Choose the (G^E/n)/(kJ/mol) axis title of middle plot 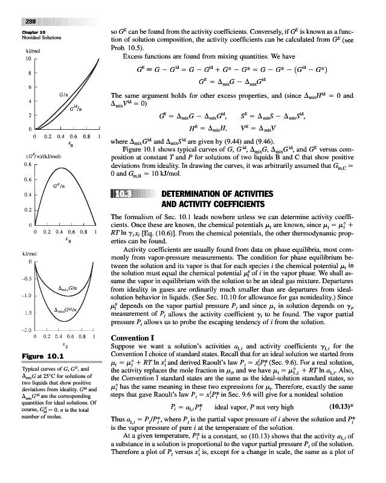[41, 155]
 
